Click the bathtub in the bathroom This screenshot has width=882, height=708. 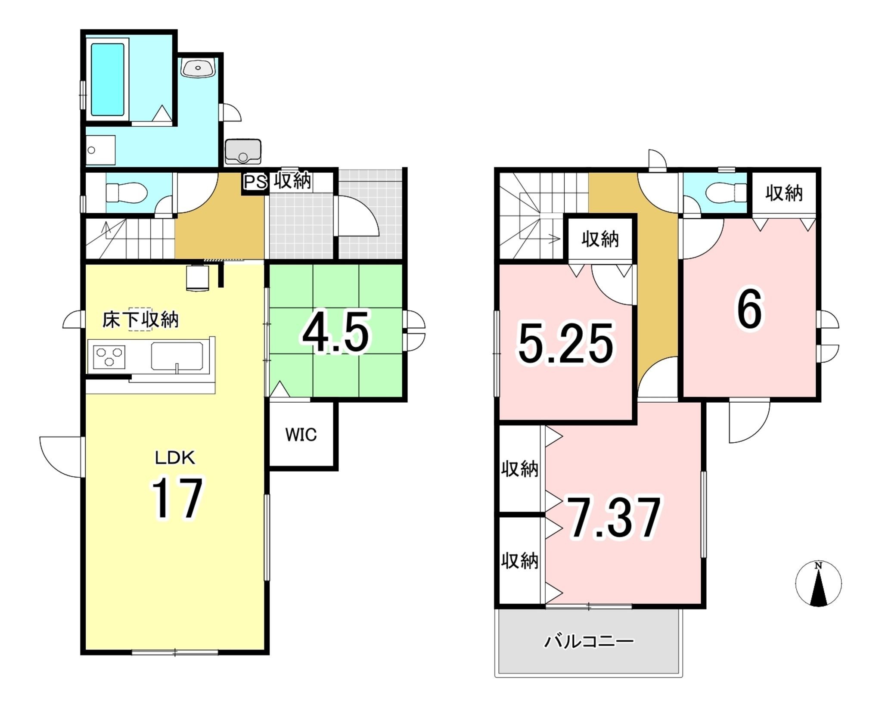[x=108, y=80]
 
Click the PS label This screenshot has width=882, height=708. [x=255, y=182]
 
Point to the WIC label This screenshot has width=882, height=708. [x=301, y=435]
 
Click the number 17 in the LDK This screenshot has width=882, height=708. [x=177, y=499]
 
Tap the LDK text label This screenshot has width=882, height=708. [x=175, y=458]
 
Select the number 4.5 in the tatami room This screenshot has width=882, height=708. [x=335, y=332]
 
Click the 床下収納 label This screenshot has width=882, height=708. [x=140, y=320]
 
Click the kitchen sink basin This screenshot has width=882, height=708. [x=177, y=356]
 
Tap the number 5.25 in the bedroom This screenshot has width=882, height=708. [x=566, y=343]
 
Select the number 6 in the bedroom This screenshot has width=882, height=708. [x=749, y=309]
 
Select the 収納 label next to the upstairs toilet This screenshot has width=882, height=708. [x=784, y=193]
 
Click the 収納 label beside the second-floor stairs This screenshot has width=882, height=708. [x=600, y=239]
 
